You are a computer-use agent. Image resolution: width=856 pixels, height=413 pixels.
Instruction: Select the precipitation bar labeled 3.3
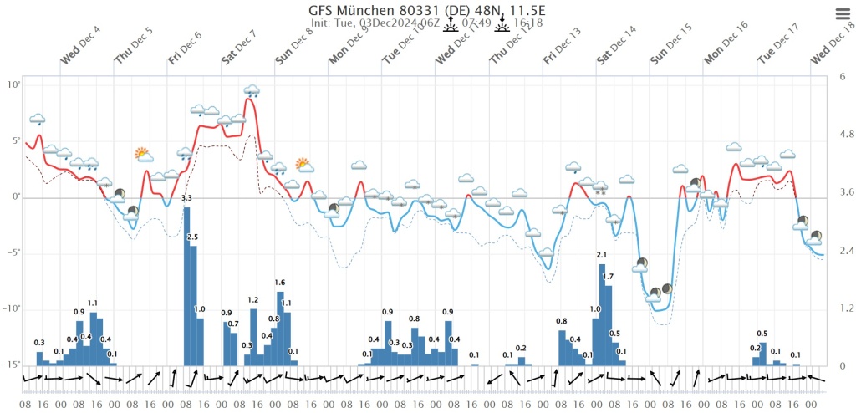pyautogui.click(x=186, y=286)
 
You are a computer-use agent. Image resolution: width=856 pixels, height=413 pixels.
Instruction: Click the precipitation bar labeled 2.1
pyautogui.click(x=602, y=314)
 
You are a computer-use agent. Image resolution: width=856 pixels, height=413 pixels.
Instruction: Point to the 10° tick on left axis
pyautogui.click(x=15, y=84)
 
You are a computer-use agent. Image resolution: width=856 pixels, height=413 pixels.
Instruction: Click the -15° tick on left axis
pyautogui.click(x=13, y=365)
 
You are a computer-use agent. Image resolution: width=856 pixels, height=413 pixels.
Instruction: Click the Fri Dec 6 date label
pyautogui.click(x=185, y=48)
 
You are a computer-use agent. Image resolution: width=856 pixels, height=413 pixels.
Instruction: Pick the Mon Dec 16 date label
pyautogui.click(x=725, y=46)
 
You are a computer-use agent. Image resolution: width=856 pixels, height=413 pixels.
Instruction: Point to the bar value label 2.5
pyautogui.click(x=192, y=238)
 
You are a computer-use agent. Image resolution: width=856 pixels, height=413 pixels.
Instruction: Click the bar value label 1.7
pyautogui.click(x=609, y=277)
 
